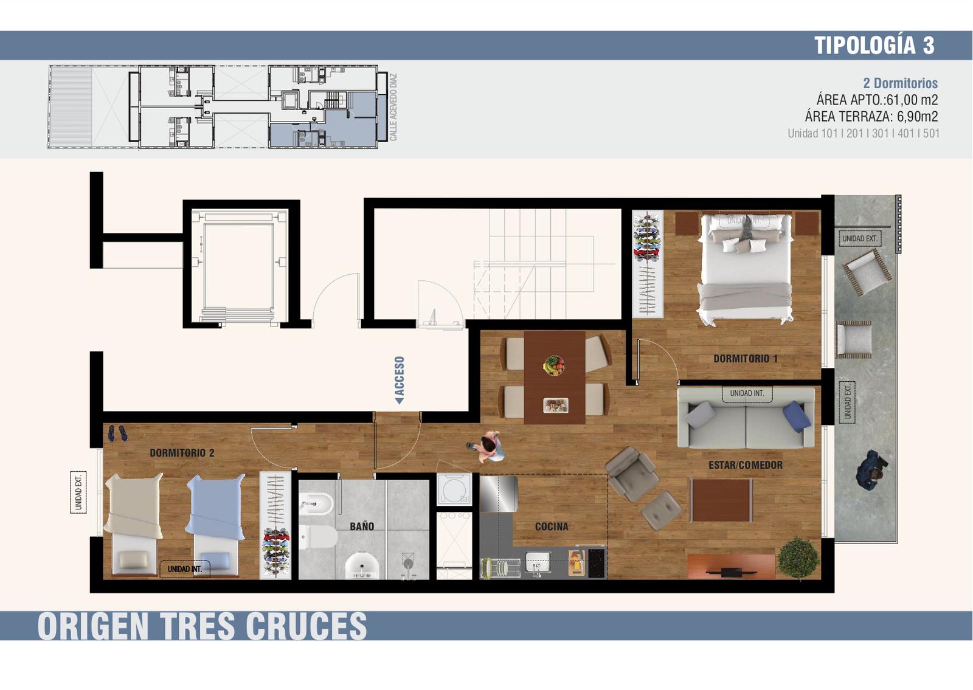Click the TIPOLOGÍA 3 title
[874, 45]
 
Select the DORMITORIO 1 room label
[746, 359]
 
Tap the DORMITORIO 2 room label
[182, 453]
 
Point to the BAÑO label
[362, 526]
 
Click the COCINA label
[552, 526]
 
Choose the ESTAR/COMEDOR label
[746, 465]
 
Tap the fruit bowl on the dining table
[554, 365]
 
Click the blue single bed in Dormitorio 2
[215, 524]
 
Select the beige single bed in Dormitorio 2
[133, 524]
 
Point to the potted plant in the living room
[798, 559]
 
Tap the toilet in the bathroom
[317, 537]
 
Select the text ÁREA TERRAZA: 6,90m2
[871, 116]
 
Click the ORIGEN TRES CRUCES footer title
[203, 626]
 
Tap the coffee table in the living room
[721, 500]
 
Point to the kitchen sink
[538, 562]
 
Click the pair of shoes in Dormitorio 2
[117, 433]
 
